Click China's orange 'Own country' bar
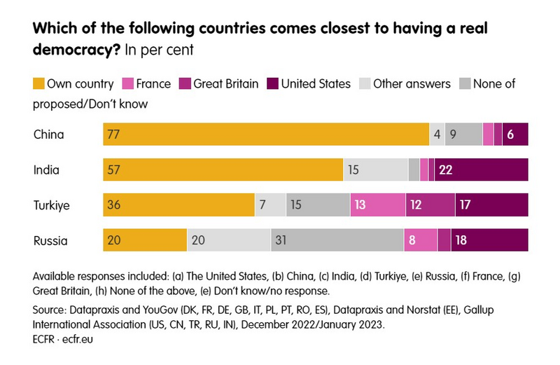point(266,134)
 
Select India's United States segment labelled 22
point(481,170)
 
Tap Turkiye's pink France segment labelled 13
point(378,205)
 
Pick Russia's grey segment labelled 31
point(337,240)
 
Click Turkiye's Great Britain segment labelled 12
point(430,205)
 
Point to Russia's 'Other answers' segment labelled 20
point(229,240)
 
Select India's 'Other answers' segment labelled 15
point(375,170)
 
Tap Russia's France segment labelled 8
point(421,240)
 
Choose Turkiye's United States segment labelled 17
point(491,205)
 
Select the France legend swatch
point(128,84)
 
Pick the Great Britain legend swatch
point(185,84)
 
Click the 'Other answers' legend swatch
point(365,84)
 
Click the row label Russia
point(50,241)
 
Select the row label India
point(46,170)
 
